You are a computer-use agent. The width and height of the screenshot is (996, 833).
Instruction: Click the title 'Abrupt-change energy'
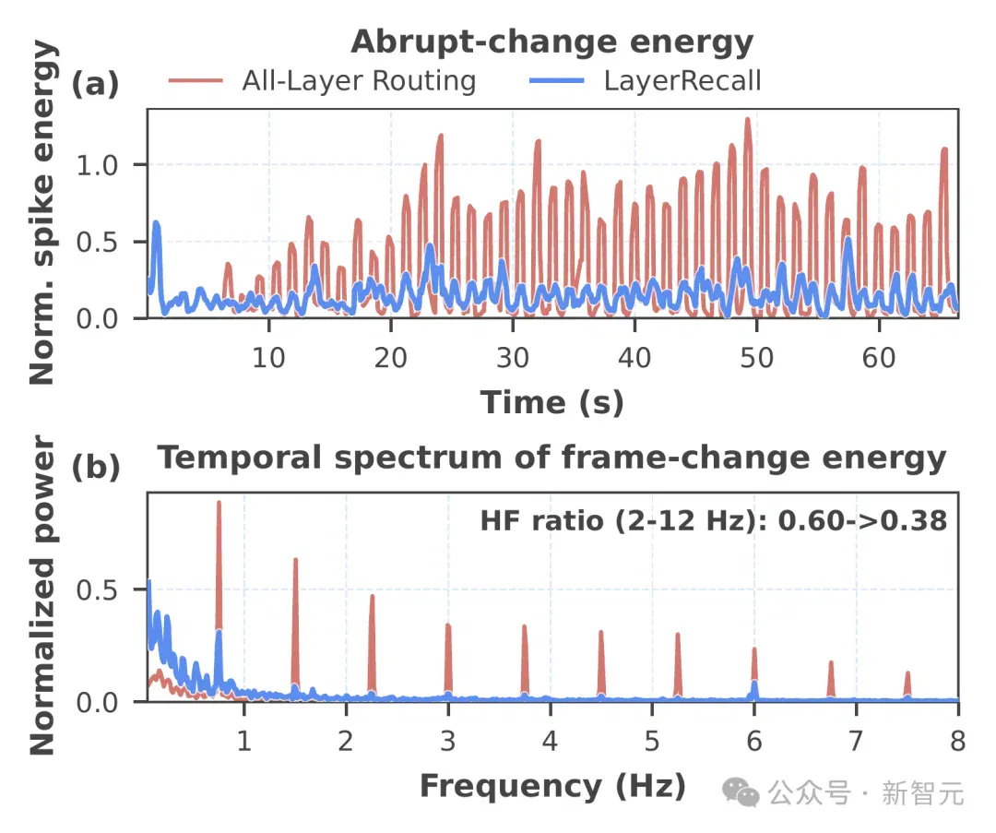click(x=552, y=43)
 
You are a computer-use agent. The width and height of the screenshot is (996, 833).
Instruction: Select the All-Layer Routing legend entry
click(x=323, y=80)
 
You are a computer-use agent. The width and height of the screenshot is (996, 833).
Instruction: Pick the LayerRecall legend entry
click(x=646, y=80)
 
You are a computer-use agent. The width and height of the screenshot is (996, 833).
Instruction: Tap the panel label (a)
click(x=95, y=83)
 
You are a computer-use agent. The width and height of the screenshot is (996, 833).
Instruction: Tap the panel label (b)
click(x=95, y=467)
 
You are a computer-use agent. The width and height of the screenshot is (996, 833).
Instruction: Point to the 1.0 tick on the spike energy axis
click(x=97, y=165)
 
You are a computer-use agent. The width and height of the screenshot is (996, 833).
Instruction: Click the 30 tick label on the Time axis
click(x=513, y=358)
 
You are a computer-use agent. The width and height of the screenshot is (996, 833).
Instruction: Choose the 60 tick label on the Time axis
click(x=879, y=358)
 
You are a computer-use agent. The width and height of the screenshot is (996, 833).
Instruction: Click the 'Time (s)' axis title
click(x=552, y=403)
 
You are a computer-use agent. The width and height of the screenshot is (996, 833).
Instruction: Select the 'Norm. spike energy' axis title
click(x=42, y=212)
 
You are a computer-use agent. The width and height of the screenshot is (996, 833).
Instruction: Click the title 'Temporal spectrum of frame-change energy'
click(x=552, y=458)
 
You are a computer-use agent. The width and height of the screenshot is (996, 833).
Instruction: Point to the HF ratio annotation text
click(x=713, y=521)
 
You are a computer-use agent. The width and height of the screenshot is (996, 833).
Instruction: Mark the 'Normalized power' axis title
click(x=42, y=595)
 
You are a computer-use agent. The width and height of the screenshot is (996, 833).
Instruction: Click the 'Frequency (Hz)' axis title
click(x=553, y=787)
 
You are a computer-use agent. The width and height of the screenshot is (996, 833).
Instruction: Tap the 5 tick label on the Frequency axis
click(x=652, y=741)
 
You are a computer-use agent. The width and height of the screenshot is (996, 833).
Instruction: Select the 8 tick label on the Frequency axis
click(x=958, y=741)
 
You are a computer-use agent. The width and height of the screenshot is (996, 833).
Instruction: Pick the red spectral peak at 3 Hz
click(x=448, y=625)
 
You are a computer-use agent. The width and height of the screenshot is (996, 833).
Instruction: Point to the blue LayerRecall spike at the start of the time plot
click(x=156, y=223)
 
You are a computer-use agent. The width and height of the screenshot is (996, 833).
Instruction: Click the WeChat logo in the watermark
click(x=741, y=792)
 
